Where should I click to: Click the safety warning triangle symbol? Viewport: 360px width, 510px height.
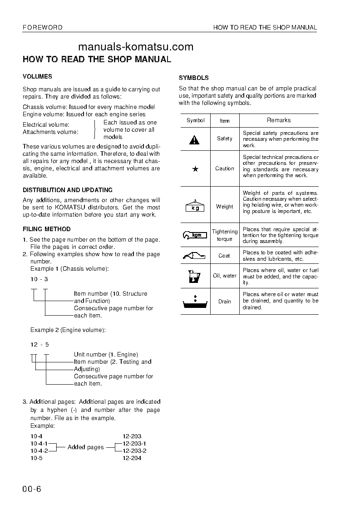(x=194, y=139)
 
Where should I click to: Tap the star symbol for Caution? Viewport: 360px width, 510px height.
(x=195, y=169)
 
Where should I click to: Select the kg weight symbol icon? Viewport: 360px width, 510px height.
(x=195, y=207)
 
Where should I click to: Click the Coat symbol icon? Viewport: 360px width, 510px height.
(x=195, y=255)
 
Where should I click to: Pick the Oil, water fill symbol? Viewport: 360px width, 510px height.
(x=194, y=276)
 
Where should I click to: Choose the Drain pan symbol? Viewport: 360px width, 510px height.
(x=195, y=302)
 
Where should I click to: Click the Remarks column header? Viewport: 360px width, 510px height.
(x=279, y=120)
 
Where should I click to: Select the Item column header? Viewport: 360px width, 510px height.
(x=224, y=121)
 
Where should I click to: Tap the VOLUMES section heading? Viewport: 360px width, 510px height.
(x=37, y=77)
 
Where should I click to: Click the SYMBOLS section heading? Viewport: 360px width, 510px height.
(x=194, y=78)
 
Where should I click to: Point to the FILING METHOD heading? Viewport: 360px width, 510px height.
(x=47, y=229)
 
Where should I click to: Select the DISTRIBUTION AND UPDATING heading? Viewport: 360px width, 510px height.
(x=68, y=190)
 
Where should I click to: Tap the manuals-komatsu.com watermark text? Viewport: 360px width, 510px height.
(x=136, y=47)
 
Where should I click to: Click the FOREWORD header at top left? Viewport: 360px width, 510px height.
(x=43, y=28)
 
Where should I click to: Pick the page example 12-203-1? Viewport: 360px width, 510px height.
(x=134, y=443)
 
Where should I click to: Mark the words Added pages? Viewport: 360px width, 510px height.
(x=85, y=447)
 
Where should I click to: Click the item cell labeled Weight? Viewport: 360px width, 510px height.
(x=224, y=207)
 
